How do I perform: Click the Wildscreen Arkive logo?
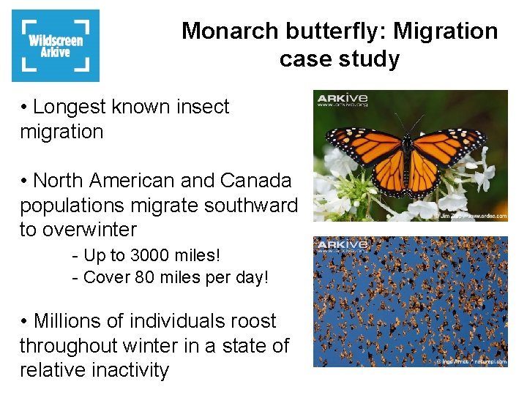coord(56,45)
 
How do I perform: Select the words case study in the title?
coord(339,59)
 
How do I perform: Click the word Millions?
coord(75,321)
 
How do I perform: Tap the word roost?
coord(250,321)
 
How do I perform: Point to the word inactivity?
coord(127,370)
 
